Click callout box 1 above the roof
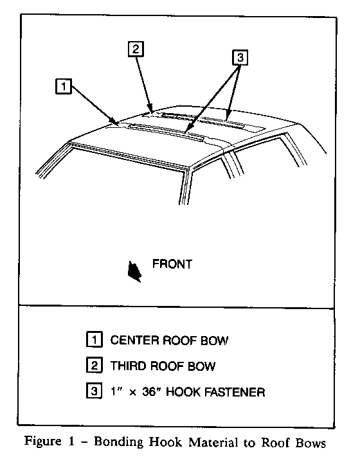tap(64, 87)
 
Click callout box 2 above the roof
tap(136, 49)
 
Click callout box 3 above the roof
tap(240, 57)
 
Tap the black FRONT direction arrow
tap(134, 271)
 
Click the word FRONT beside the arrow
tap(172, 264)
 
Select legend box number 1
tap(94, 339)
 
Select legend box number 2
tap(94, 365)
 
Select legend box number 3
tap(94, 391)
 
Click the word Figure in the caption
tap(42, 442)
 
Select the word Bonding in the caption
tap(118, 443)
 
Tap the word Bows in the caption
tap(310, 443)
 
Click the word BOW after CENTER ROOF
tap(214, 340)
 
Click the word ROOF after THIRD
tap(167, 366)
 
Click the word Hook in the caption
tap(166, 442)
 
